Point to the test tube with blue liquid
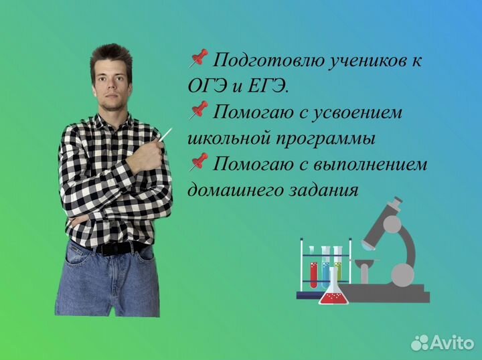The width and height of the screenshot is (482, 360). [326, 265]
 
